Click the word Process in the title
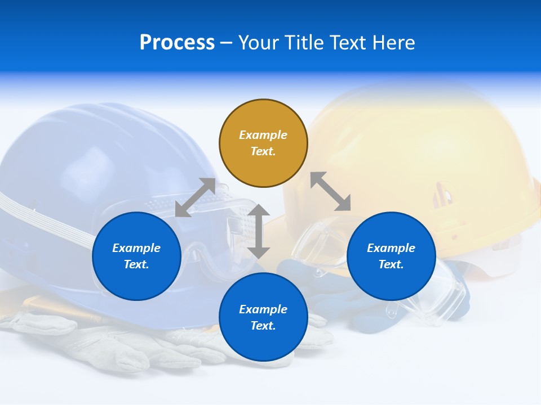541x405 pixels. click(177, 43)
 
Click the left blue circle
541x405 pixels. click(136, 256)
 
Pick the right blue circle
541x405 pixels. click(391, 256)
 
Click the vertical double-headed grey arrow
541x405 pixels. click(259, 231)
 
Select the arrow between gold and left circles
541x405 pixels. click(195, 197)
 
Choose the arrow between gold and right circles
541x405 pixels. click(330, 191)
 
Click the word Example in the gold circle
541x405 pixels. click(263, 135)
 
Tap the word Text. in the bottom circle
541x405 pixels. click(263, 326)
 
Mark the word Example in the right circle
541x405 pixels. click(391, 248)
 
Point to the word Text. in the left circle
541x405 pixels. click(136, 264)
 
